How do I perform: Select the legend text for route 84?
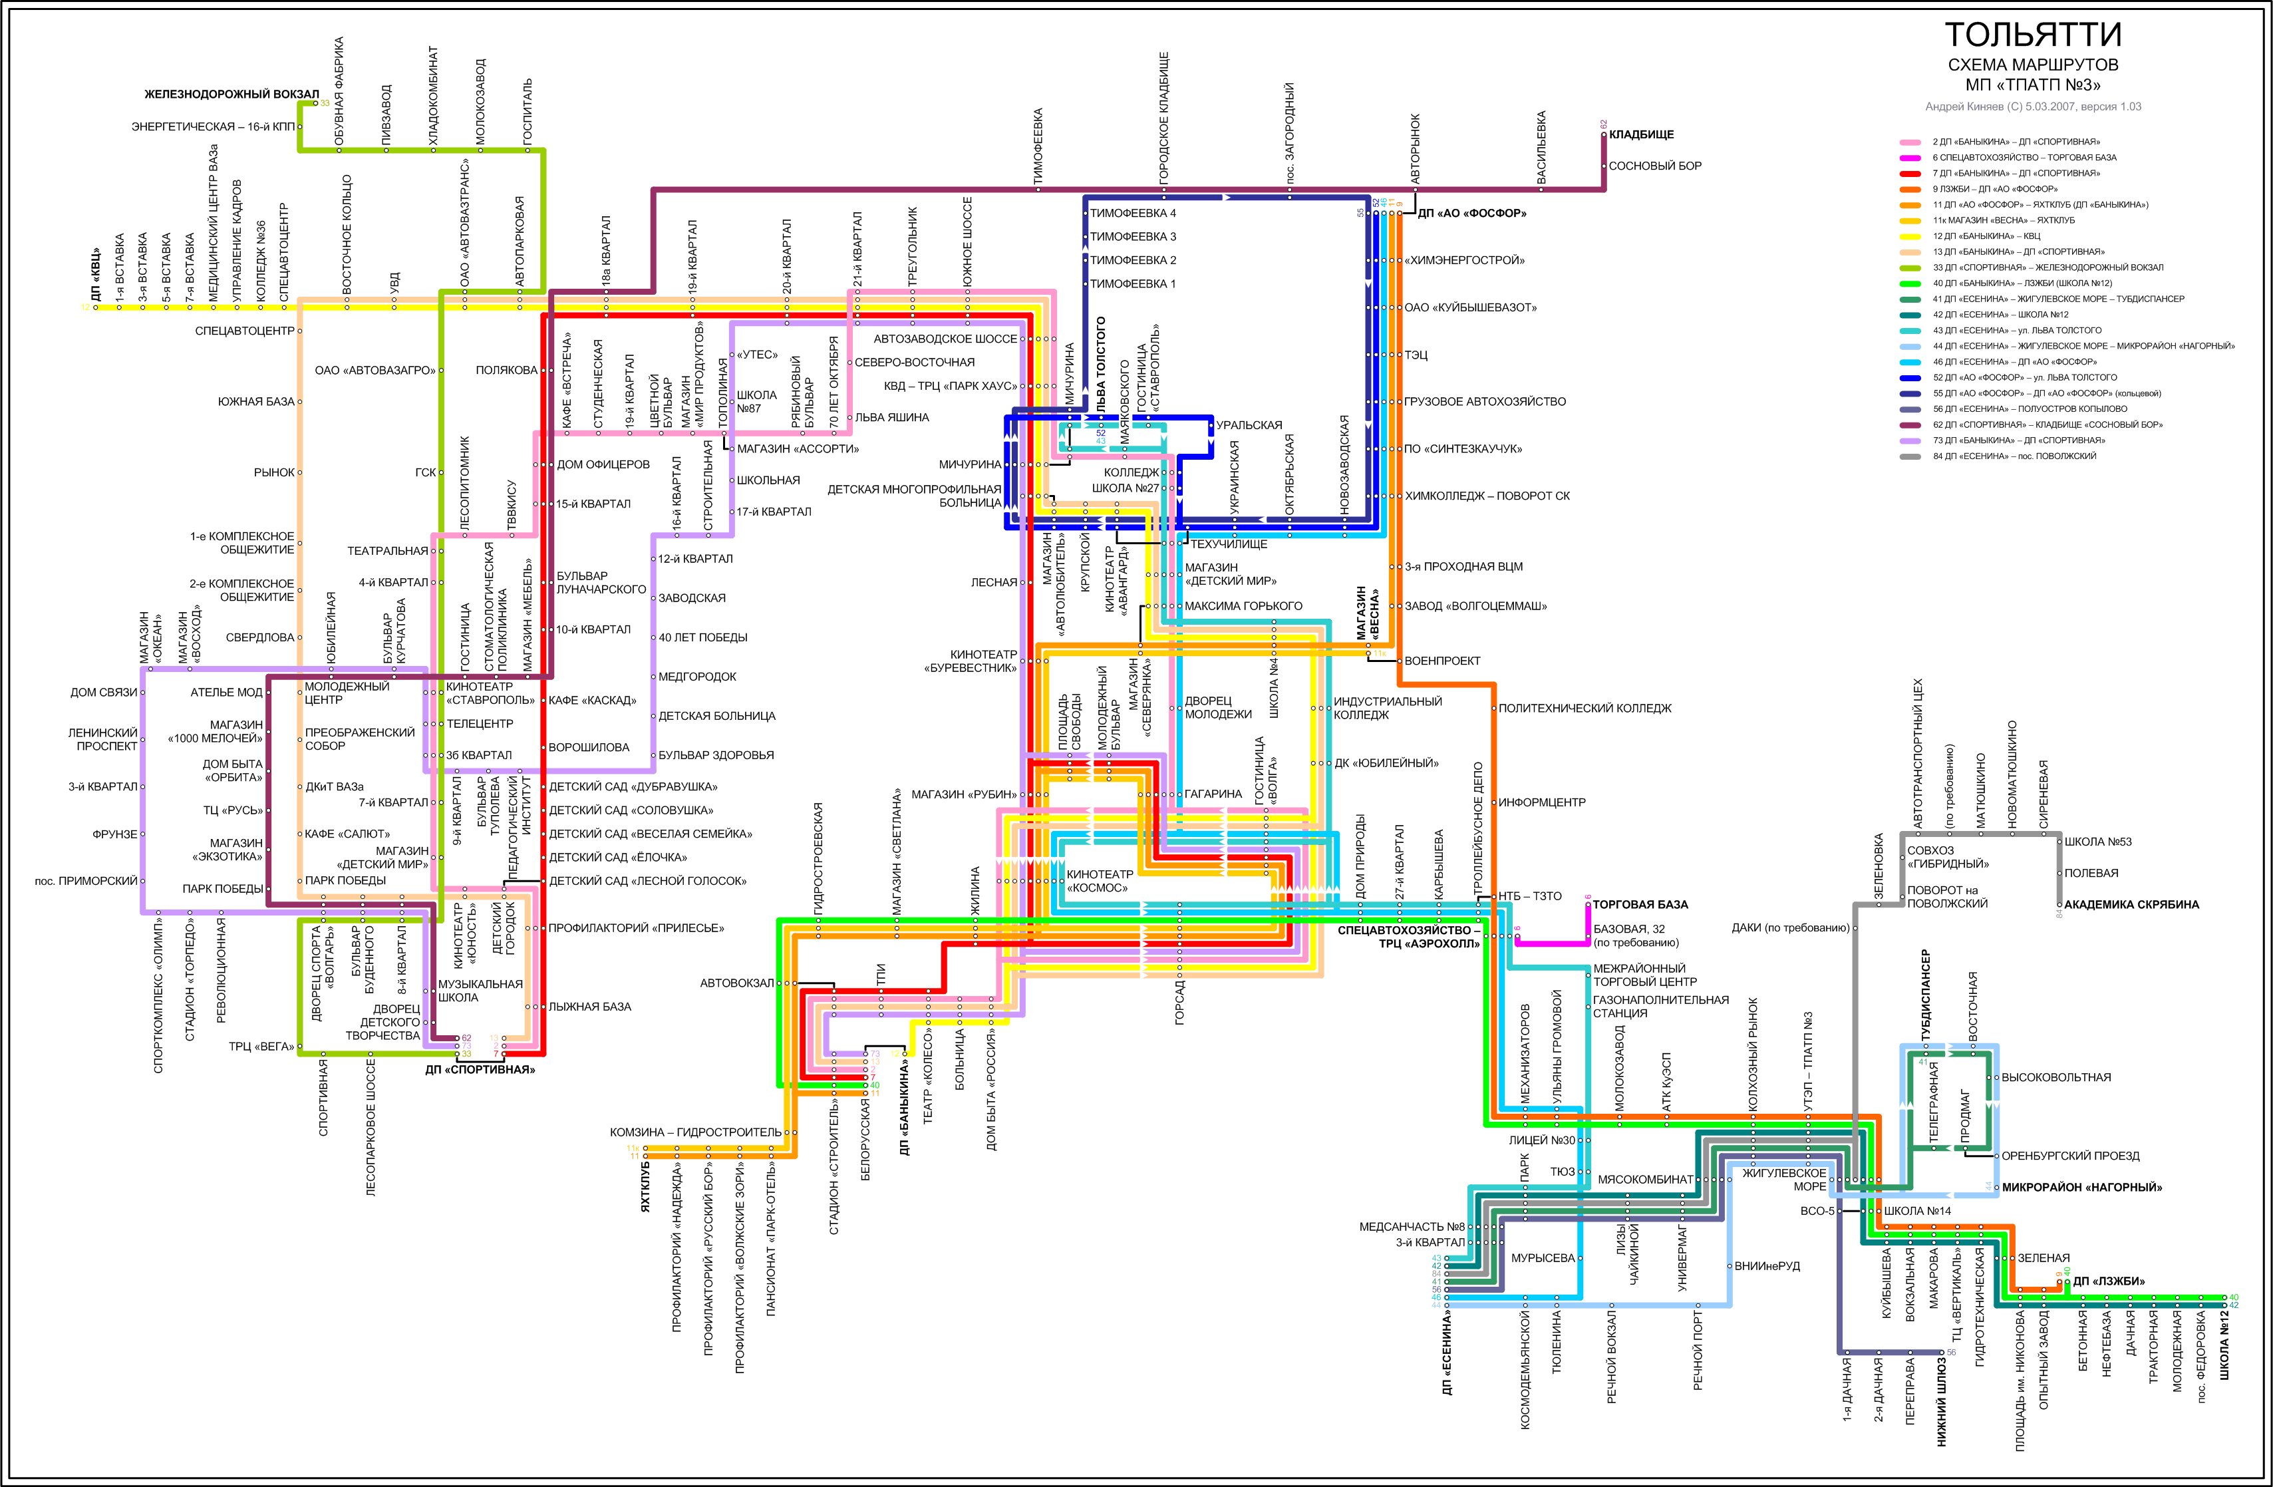[x=2014, y=456]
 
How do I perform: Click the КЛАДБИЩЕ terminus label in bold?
[x=1641, y=134]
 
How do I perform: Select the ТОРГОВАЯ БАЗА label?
[x=1640, y=904]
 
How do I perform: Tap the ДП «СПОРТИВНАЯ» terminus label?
[x=480, y=1070]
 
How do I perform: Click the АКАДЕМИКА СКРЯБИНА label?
[x=2131, y=904]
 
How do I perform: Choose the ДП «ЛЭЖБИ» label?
[x=2109, y=1281]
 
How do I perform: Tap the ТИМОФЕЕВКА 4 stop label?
[x=1133, y=213]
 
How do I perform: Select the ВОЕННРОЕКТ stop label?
[x=1442, y=661]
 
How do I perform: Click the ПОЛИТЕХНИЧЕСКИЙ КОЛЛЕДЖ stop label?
[x=1585, y=709]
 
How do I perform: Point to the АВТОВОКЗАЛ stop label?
[x=736, y=983]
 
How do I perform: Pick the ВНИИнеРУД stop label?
[x=1766, y=1266]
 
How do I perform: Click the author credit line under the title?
[x=2032, y=107]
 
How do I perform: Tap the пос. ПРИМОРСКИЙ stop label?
[x=86, y=880]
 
